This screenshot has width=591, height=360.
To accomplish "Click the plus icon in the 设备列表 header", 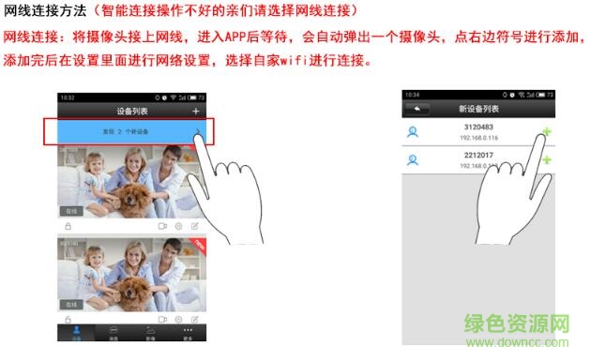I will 196,112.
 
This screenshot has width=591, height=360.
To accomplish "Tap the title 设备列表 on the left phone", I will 130,112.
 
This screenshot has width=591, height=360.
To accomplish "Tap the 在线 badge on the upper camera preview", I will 71,212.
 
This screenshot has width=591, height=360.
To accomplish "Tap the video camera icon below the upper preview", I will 161,226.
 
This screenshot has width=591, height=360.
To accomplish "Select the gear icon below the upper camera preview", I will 178,226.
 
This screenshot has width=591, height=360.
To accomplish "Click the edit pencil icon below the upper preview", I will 195,226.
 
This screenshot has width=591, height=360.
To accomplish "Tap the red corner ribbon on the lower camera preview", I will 195,243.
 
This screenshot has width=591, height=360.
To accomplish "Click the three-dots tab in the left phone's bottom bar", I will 187,331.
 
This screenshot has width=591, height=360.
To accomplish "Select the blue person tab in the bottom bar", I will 76,331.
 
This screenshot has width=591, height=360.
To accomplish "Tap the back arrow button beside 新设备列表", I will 416,110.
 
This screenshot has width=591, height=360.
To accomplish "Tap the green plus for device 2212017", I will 546,160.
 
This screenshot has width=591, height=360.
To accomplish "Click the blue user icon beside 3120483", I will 412,132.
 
